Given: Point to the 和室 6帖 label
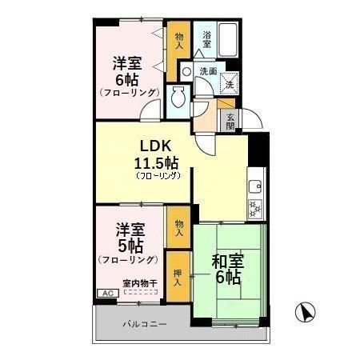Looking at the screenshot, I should pyautogui.click(x=227, y=269).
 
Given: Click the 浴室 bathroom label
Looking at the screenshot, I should pyautogui.click(x=206, y=39).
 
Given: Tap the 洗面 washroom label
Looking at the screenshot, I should pyautogui.click(x=208, y=71).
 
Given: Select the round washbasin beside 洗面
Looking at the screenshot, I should pyautogui.click(x=186, y=71).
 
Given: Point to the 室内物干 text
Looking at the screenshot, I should pyautogui.click(x=139, y=282).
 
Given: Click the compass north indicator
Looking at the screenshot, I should pyautogui.click(x=304, y=311).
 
